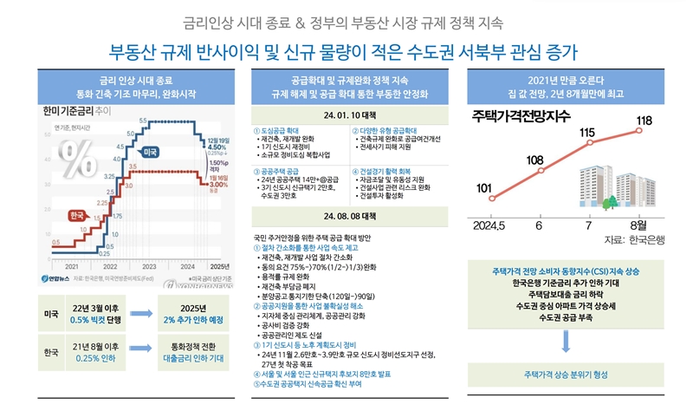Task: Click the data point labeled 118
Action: (x=639, y=131)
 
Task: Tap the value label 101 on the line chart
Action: (x=484, y=188)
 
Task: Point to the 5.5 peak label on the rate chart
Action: (x=142, y=119)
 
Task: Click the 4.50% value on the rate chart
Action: (x=217, y=147)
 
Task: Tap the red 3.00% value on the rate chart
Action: (x=217, y=183)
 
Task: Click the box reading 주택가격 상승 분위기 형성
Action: (x=565, y=375)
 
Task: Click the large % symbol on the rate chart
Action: (x=81, y=160)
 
